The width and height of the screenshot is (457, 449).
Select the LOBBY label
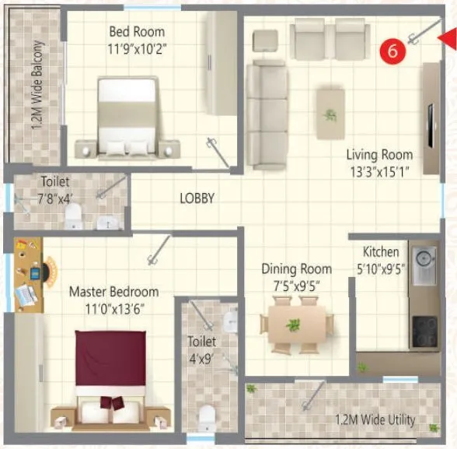pyautogui.click(x=197, y=198)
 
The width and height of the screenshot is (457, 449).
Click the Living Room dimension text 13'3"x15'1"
pyautogui.click(x=379, y=170)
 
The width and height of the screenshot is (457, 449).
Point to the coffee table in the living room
pyautogui.click(x=330, y=113)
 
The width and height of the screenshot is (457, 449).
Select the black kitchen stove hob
pyautogui.click(x=424, y=331)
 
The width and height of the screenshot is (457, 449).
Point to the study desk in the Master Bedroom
pyautogui.click(x=31, y=276)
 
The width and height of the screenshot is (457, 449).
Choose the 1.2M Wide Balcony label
pyautogui.click(x=37, y=88)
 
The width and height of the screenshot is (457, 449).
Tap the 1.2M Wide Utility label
pyautogui.click(x=375, y=421)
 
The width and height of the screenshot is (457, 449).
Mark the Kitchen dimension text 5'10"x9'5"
pyautogui.click(x=381, y=268)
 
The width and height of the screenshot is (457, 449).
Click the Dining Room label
pyautogui.click(x=296, y=268)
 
